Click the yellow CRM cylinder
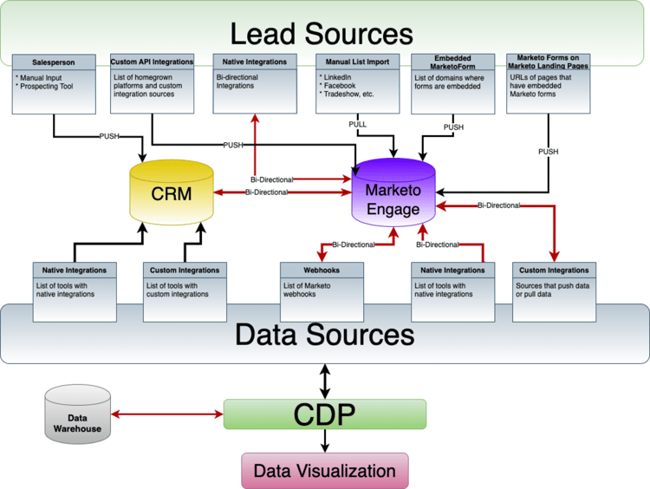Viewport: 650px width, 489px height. coord(171,192)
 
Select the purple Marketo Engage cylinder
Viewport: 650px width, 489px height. coord(393,192)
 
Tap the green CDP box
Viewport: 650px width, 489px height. coord(324,415)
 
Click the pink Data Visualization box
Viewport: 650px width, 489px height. coord(324,471)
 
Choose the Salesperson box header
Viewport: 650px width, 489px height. coord(54,62)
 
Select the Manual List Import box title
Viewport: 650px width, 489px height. coord(358,62)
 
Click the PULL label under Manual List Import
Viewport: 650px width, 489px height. coord(357,124)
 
